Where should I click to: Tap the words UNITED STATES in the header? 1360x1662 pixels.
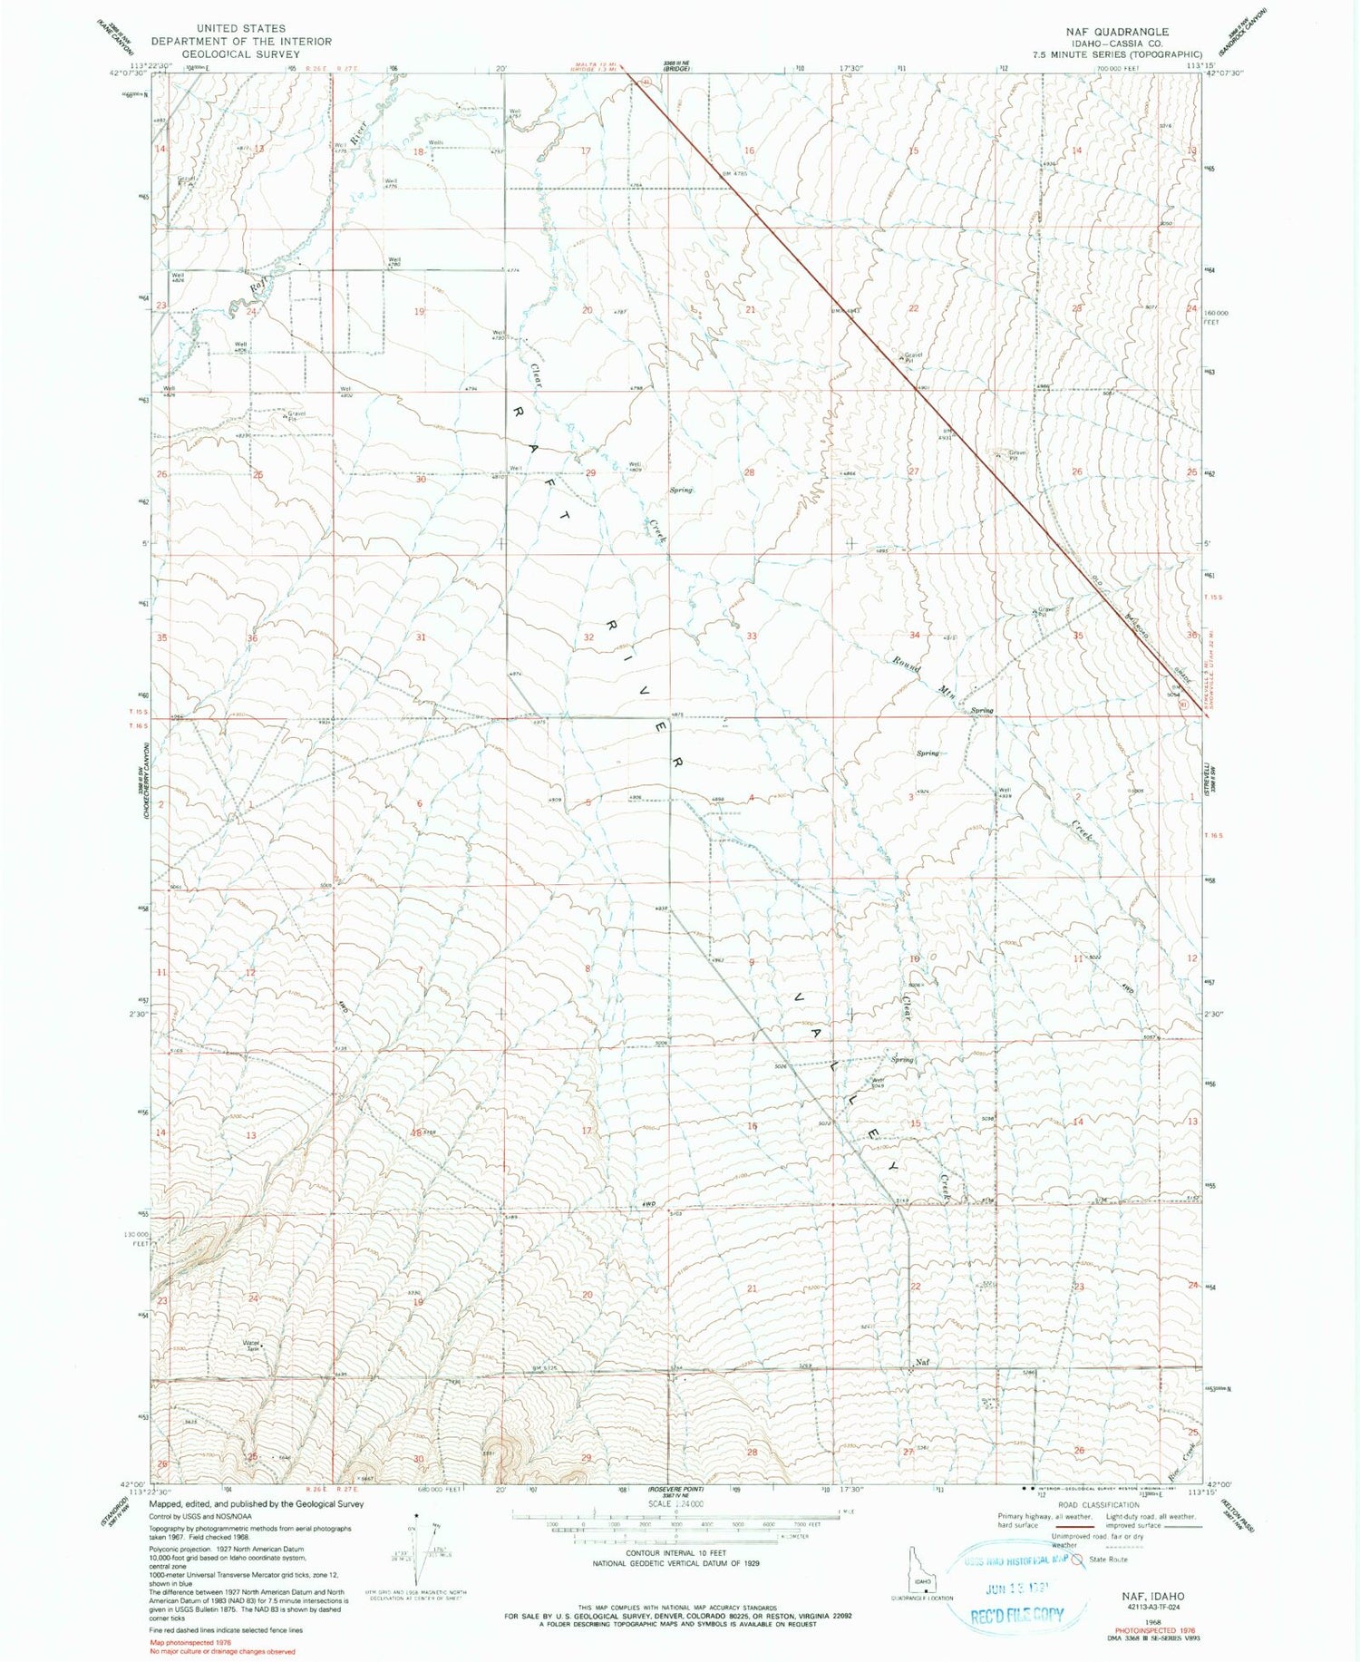(x=240, y=29)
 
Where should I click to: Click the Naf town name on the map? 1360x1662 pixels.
(x=922, y=1362)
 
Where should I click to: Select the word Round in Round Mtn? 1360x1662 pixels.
(x=906, y=663)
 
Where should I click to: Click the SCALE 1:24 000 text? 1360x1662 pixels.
(x=675, y=1503)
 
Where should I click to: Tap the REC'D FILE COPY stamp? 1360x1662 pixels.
(x=1017, y=1615)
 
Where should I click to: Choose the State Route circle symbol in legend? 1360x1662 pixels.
(x=1077, y=1560)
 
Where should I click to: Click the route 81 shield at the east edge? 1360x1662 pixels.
(x=1180, y=703)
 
